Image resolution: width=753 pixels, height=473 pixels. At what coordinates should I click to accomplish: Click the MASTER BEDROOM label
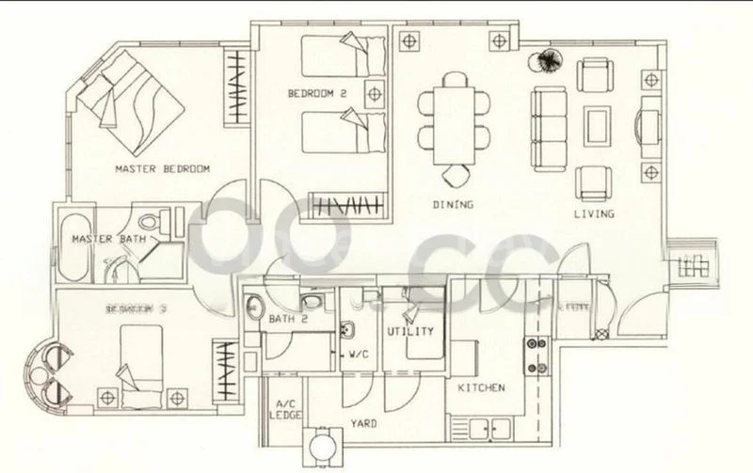click(161, 169)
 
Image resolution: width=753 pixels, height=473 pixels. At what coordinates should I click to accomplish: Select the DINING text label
click(453, 203)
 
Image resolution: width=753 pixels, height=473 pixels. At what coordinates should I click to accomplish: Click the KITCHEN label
click(481, 387)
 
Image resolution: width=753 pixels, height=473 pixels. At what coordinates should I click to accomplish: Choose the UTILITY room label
click(409, 332)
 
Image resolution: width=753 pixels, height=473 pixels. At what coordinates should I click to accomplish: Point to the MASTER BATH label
click(109, 240)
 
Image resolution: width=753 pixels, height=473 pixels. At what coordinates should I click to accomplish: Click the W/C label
click(359, 355)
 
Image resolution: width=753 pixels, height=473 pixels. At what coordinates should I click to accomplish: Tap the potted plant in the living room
click(545, 62)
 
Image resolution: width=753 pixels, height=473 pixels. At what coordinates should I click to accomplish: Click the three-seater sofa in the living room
click(546, 124)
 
